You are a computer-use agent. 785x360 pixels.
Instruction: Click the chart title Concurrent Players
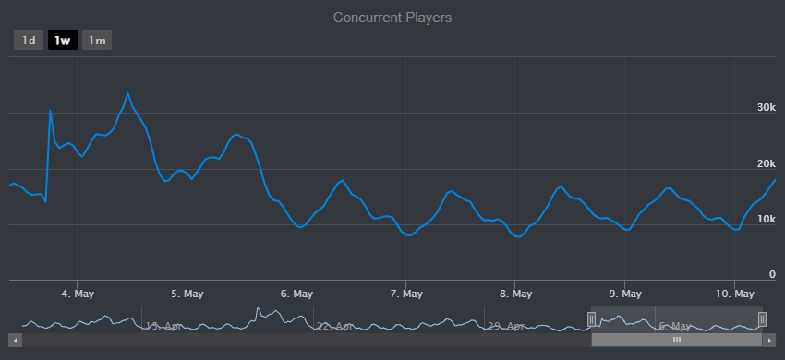tap(392, 18)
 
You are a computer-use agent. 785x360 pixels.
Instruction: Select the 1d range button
tap(29, 41)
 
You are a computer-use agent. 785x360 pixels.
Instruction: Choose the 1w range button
tap(63, 41)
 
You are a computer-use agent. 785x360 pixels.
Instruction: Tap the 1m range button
tap(97, 41)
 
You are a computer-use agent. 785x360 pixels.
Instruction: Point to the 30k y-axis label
tap(766, 108)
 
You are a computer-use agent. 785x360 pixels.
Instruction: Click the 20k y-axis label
tap(766, 163)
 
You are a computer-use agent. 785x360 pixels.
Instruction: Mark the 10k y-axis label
tap(766, 219)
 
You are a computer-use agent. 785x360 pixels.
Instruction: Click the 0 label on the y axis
tap(772, 274)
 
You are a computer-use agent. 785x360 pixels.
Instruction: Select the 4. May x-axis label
tap(78, 294)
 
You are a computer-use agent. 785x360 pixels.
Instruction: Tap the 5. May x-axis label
tap(187, 294)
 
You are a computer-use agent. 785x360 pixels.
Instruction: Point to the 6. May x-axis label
tap(296, 294)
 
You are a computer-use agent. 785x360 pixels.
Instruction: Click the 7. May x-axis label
tap(405, 294)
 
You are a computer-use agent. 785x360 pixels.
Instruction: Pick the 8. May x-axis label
tap(514, 294)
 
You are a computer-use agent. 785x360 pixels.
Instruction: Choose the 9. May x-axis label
tap(624, 294)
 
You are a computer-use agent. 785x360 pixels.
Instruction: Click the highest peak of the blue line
tap(128, 93)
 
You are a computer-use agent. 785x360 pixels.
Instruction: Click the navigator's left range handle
tap(592, 319)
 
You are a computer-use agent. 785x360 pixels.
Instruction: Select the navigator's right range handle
tap(763, 319)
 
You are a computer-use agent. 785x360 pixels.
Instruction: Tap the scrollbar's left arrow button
tap(16, 340)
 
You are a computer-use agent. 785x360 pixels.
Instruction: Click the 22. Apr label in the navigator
tap(334, 326)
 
